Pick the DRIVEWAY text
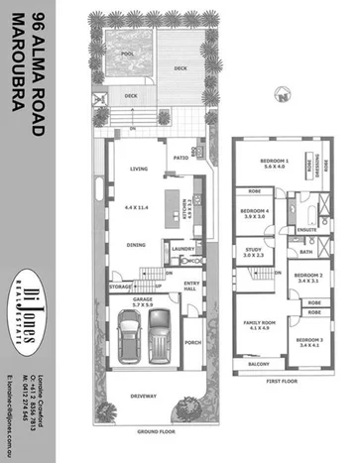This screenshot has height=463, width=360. pos(149,397)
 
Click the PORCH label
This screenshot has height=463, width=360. pos(193,346)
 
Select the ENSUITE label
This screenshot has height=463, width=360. pos(306,230)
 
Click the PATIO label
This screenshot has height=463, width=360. pos(180,157)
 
